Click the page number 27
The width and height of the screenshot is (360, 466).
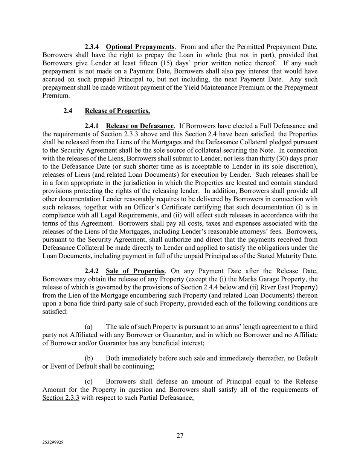tap(180, 436)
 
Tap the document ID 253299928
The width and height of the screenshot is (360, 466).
tap(53, 443)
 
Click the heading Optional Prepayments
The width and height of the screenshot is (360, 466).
tap(140, 47)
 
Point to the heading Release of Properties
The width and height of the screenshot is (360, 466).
tap(117, 111)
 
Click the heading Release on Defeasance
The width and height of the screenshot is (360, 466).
tap(140, 126)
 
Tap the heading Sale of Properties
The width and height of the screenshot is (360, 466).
tap(135, 271)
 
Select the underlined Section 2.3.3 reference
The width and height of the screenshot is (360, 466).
tap(61, 398)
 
